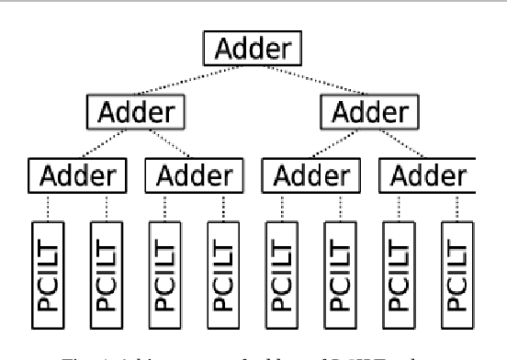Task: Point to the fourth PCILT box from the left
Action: click(222, 263)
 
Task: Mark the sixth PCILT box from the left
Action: click(339, 263)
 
